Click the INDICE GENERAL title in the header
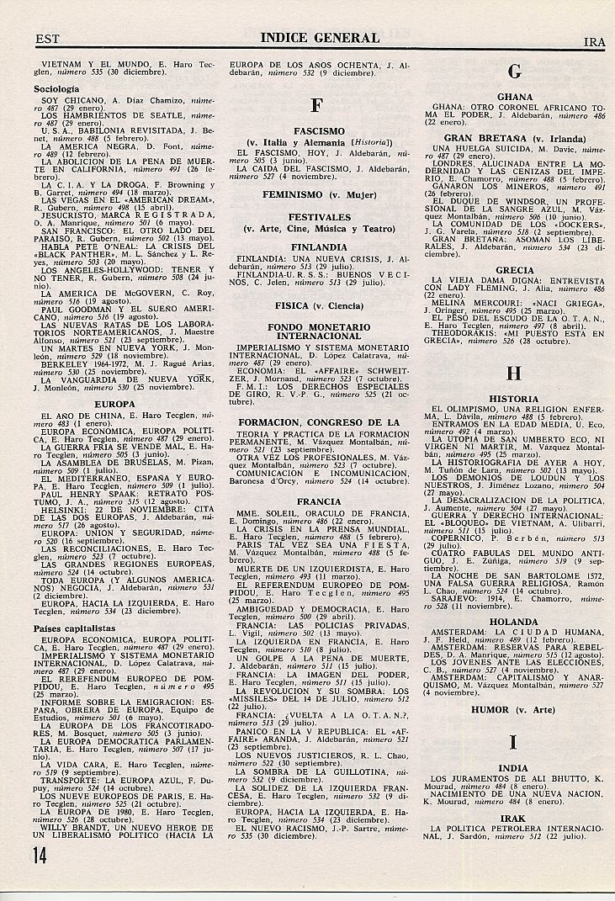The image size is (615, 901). click(320, 38)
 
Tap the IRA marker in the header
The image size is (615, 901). click(595, 41)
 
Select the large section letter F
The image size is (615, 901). click(317, 106)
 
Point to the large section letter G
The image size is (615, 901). click(515, 72)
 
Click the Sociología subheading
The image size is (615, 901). click(56, 87)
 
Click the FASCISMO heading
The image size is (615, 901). click(319, 131)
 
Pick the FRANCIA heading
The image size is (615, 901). click(319, 501)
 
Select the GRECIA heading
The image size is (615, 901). click(515, 271)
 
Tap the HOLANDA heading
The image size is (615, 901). click(515, 622)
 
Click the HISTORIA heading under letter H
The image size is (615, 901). click(515, 399)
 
